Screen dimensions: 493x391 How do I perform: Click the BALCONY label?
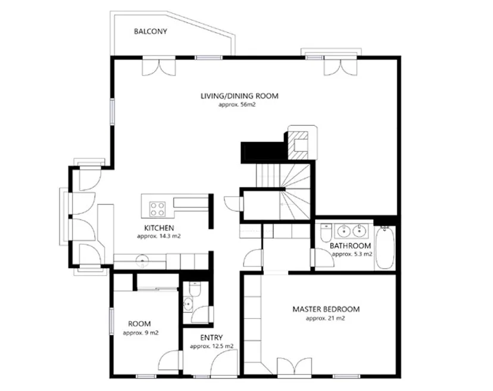(x=150, y=32)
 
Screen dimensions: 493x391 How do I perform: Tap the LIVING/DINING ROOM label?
(x=239, y=96)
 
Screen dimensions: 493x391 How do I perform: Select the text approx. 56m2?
(x=237, y=105)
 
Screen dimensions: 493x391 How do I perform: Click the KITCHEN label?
(x=159, y=228)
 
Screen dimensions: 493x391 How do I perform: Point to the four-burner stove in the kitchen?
(x=157, y=209)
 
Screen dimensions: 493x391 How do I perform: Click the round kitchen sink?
(x=143, y=260)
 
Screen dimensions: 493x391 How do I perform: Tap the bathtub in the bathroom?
(x=385, y=248)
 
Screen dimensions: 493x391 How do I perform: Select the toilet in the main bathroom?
(x=326, y=232)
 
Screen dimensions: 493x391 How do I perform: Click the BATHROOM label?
(x=350, y=246)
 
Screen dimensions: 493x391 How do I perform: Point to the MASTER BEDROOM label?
(x=326, y=309)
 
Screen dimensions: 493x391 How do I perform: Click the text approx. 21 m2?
(x=326, y=318)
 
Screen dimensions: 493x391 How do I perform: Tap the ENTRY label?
(x=211, y=338)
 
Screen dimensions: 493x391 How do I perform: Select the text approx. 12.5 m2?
(x=211, y=347)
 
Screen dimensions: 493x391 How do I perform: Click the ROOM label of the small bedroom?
(x=139, y=324)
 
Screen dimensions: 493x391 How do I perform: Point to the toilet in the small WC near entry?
(x=195, y=289)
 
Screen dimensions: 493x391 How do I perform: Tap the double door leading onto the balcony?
(x=159, y=67)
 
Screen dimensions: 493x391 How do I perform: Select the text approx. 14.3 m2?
(x=159, y=237)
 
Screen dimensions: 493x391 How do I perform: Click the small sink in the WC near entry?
(x=188, y=305)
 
